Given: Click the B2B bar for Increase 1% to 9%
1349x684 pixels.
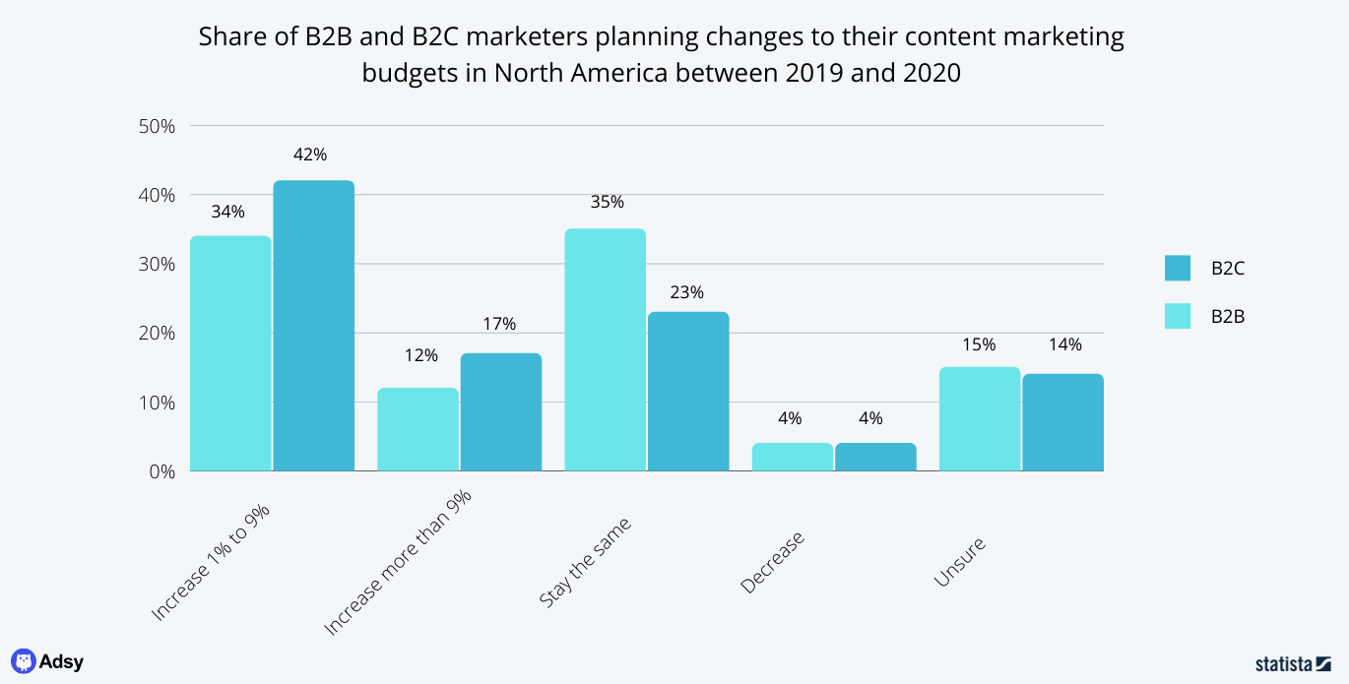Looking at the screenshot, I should [x=230, y=353].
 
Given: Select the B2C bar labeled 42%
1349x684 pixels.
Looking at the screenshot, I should [x=313, y=326].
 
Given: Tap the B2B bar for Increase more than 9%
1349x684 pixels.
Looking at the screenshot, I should [x=418, y=429].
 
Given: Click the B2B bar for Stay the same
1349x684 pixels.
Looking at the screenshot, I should [x=605, y=349].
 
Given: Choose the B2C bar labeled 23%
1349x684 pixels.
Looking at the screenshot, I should [x=688, y=391].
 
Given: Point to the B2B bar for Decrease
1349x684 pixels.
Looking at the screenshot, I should [x=792, y=457].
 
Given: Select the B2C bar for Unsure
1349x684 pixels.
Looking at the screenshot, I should [x=1062, y=422].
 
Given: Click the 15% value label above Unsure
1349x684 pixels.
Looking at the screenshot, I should [x=980, y=344].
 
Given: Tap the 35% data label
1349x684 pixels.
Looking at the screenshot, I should [x=607, y=202].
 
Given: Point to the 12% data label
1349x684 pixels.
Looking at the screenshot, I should [x=420, y=355].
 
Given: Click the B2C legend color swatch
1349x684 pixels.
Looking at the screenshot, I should [x=1178, y=268].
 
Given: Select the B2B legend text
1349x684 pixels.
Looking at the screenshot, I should [x=1228, y=316].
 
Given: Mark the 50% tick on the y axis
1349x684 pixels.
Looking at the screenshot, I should [x=158, y=126].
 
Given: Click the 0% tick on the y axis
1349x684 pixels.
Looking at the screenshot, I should [x=161, y=471].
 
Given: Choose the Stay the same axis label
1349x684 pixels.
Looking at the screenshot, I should [x=585, y=562].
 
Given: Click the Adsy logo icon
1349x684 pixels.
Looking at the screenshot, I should [x=23, y=661].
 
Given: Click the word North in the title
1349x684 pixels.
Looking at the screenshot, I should [x=537, y=72].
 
